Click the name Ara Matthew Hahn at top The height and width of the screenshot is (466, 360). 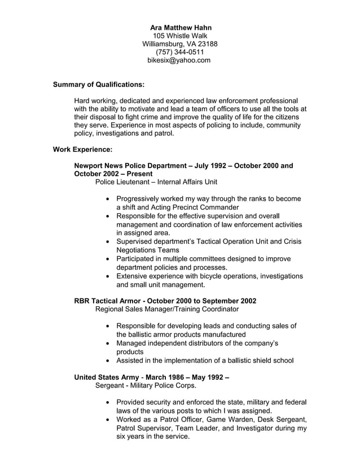pyautogui.click(x=179, y=27)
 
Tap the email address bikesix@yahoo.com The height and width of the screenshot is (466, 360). pyautogui.click(x=179, y=60)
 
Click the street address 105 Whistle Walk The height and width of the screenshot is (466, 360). pyautogui.click(x=179, y=36)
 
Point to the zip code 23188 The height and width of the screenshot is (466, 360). pyautogui.click(x=207, y=44)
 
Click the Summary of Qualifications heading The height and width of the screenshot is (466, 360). pyautogui.click(x=98, y=85)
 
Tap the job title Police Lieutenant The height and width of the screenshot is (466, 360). pyautogui.click(x=123, y=182)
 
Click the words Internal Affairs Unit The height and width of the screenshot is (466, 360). pyautogui.click(x=187, y=182)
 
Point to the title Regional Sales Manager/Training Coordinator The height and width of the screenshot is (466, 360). pyautogui.click(x=167, y=309)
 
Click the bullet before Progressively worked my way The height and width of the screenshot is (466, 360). pyautogui.click(x=108, y=199)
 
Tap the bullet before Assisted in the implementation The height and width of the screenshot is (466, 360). pyautogui.click(x=108, y=361)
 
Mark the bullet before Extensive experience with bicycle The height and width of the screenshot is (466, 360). pyautogui.click(x=108, y=276)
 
